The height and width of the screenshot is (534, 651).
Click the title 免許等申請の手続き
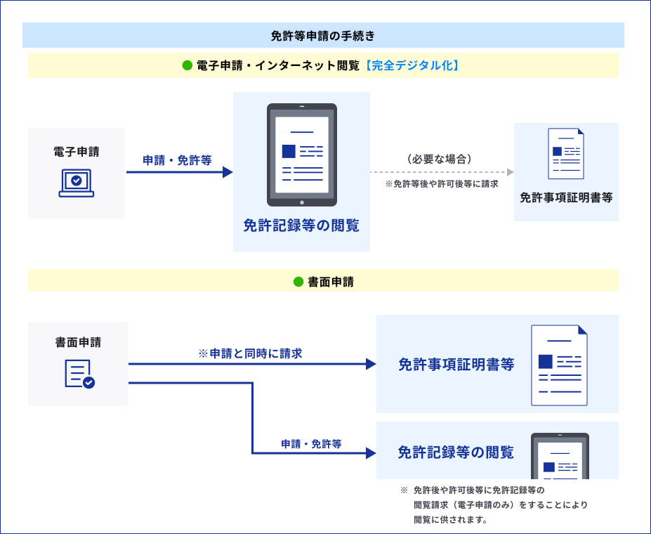[x=323, y=36]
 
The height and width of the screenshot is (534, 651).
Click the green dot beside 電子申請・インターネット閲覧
[x=188, y=65]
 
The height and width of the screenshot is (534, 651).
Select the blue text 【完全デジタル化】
[x=412, y=65]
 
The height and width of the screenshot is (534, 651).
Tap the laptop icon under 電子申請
[x=77, y=183]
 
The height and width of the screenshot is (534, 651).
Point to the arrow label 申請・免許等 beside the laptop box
[x=178, y=160]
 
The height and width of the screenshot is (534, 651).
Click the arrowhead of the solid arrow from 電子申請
[x=228, y=172]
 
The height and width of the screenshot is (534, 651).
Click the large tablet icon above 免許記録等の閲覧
[x=302, y=155]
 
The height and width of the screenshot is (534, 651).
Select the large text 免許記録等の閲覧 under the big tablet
[x=301, y=226]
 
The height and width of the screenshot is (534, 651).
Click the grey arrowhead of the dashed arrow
[x=511, y=172]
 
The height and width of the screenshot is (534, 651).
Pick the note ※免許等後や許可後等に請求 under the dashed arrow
[x=442, y=184]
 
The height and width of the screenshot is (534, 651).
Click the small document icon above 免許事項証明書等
[x=566, y=154]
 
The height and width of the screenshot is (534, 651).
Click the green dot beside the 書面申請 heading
[x=298, y=282]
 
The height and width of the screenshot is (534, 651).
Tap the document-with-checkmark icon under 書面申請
[x=79, y=374]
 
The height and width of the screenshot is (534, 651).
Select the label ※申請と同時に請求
[x=250, y=353]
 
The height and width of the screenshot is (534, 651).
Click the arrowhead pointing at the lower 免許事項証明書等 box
[x=371, y=364]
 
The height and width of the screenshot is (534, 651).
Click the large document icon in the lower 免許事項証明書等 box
[x=559, y=365]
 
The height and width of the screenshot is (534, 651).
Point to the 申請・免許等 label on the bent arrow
[x=311, y=444]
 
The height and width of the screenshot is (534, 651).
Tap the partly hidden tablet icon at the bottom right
[x=560, y=456]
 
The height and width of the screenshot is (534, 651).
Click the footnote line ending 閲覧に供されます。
[x=450, y=521]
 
